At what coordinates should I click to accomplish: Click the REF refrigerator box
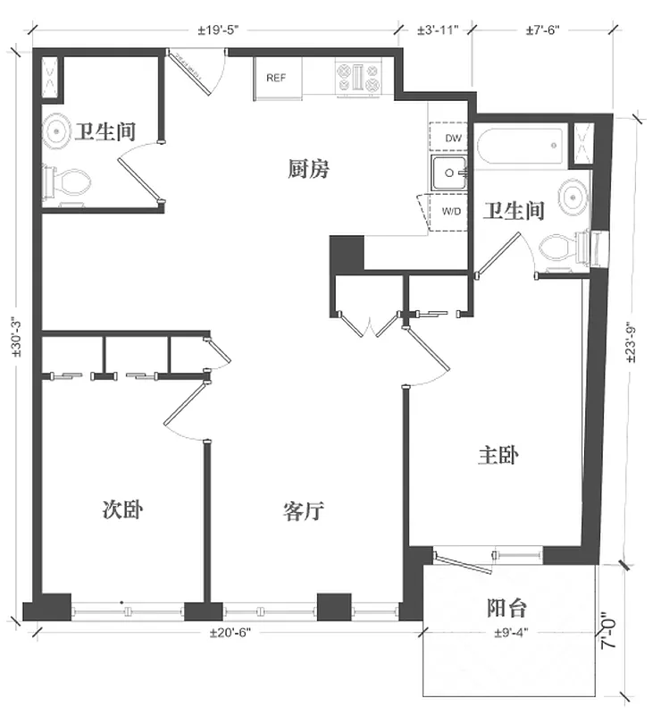tap(276, 77)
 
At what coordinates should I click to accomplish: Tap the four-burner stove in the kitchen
tap(360, 77)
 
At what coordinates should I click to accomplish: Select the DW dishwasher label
tap(452, 139)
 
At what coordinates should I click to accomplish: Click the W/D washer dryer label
tap(451, 212)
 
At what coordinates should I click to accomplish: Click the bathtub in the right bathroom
tap(521, 147)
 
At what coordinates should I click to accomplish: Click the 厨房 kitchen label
tap(309, 167)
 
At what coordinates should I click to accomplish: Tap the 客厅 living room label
tap(303, 512)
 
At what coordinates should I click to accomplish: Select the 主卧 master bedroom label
tap(498, 456)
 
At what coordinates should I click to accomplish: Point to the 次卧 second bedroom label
tap(123, 510)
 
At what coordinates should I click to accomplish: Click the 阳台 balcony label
tap(506, 609)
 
